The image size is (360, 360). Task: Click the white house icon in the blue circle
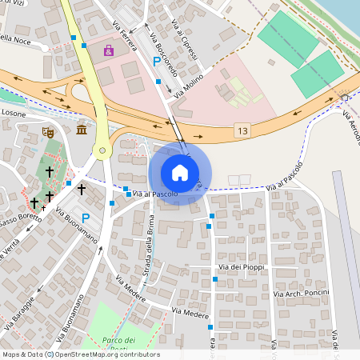[180, 173]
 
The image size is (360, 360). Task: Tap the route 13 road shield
[242, 130]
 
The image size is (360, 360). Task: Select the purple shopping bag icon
[108, 50]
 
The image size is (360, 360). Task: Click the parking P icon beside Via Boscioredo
[156, 62]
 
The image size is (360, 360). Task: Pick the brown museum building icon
[81, 130]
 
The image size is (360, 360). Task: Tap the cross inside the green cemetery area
[49, 171]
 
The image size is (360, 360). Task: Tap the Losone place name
[13, 114]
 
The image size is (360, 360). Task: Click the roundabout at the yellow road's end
[101, 150]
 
